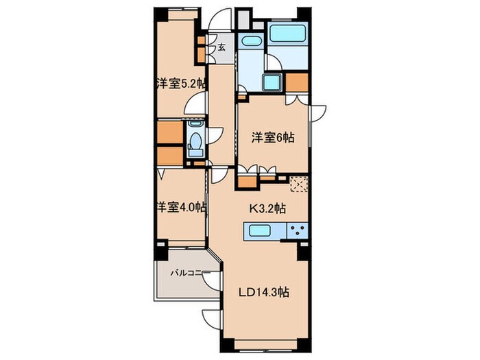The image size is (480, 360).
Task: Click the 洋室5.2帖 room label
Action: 180,83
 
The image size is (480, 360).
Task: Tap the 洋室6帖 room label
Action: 273,138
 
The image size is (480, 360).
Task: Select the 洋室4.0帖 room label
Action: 181,207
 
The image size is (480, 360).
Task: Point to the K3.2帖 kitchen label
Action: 267,208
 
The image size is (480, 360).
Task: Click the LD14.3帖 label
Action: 263,292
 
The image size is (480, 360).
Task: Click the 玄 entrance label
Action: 222,47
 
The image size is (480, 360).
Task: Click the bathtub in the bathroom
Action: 287,33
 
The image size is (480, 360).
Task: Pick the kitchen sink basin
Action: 259,230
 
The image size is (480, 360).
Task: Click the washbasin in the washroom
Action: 251,41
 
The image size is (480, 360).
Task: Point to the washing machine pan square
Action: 272,83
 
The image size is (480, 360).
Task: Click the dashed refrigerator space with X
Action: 299,184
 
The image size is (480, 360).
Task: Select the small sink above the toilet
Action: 195,123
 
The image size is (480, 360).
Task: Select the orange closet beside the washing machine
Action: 297,82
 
